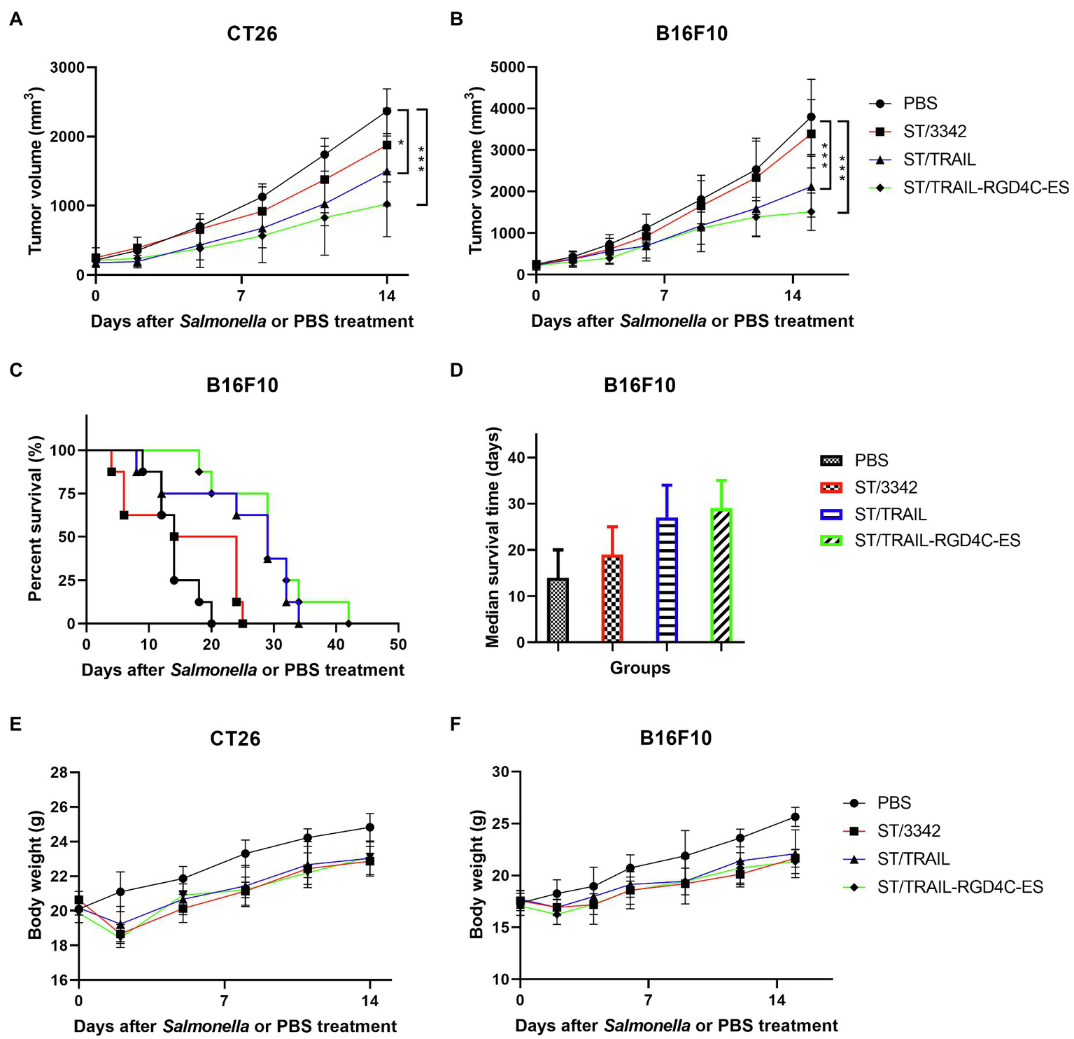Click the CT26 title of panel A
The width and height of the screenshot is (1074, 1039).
tap(252, 34)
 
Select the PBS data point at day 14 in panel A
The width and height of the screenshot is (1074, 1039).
tap(387, 111)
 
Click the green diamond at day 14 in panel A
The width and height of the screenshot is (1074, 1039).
tap(387, 204)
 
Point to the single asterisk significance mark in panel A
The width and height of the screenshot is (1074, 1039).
tap(401, 143)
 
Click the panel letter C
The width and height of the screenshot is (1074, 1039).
tap(16, 370)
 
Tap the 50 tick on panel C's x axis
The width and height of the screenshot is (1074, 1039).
tap(398, 644)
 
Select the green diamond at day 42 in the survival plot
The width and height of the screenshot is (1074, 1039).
tap(348, 623)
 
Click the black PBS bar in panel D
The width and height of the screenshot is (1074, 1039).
tap(558, 610)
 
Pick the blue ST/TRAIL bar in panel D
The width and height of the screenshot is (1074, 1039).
tap(667, 580)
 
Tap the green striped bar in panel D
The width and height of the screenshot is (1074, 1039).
tap(721, 575)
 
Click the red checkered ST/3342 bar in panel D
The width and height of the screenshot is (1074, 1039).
tap(612, 599)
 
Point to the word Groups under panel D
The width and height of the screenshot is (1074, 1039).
tap(640, 668)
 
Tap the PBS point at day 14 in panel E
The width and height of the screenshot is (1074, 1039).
tap(369, 827)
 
